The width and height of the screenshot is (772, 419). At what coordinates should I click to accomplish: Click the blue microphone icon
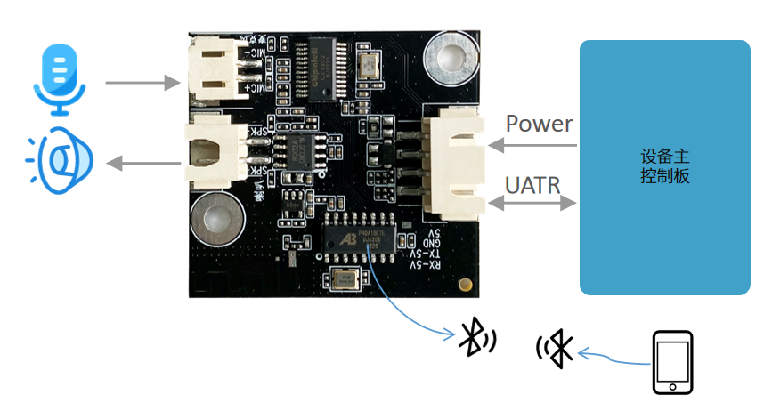[60, 81]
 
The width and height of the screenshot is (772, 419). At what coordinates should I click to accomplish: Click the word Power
[540, 124]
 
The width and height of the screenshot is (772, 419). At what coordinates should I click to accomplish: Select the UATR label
[532, 185]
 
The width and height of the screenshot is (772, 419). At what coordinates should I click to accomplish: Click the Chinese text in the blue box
[664, 165]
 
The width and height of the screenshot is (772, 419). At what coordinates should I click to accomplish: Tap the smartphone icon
[672, 363]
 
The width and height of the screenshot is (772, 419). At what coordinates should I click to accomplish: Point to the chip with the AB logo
[363, 239]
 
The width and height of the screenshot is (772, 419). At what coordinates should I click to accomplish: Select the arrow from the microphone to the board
[143, 83]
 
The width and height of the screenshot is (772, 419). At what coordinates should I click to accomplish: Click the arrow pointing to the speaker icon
[143, 163]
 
